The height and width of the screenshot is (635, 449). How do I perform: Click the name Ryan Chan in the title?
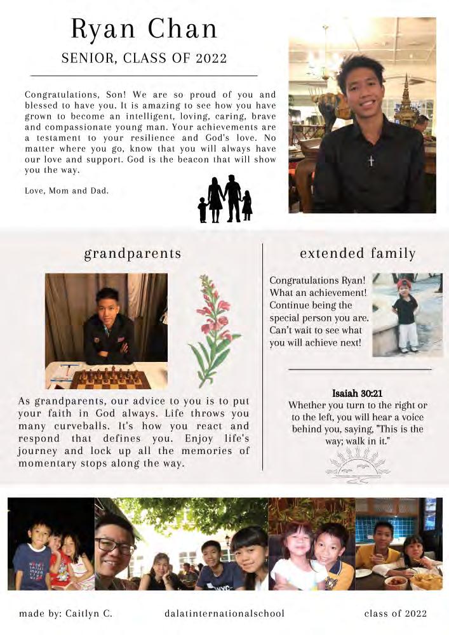click(x=144, y=29)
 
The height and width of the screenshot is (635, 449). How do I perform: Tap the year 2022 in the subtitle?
click(x=211, y=59)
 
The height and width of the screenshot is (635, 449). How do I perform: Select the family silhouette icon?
click(x=225, y=199)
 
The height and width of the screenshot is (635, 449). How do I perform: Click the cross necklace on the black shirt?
click(x=371, y=161)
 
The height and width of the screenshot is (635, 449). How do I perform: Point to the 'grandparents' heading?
click(x=133, y=254)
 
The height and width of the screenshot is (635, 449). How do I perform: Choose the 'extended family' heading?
click(x=358, y=254)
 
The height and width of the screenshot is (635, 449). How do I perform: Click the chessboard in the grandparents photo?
click(x=110, y=378)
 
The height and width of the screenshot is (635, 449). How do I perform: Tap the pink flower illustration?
click(x=214, y=330)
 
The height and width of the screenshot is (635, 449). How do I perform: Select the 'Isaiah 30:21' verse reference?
click(x=358, y=394)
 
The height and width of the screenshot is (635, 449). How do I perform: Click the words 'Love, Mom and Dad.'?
click(x=67, y=190)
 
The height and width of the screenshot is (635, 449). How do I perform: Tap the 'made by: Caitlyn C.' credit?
click(x=65, y=613)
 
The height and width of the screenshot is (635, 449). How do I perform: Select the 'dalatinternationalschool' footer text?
click(x=224, y=613)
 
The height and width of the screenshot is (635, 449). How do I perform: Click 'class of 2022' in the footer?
click(x=395, y=613)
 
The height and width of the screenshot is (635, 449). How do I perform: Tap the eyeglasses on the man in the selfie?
click(x=116, y=545)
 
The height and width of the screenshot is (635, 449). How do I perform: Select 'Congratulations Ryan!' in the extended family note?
click(x=317, y=280)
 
